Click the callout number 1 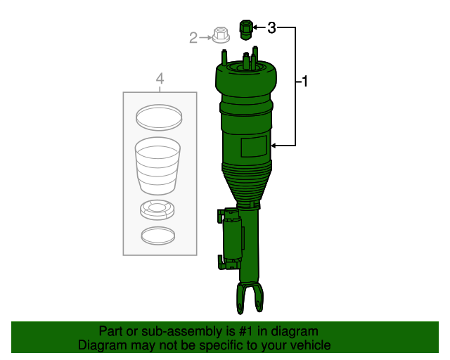305,82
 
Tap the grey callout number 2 193,38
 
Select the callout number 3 271,28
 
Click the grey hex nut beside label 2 221,34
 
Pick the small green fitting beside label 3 246,30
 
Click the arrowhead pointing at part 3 256,28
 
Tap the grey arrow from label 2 206,37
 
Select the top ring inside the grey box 158,117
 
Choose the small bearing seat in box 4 158,210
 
